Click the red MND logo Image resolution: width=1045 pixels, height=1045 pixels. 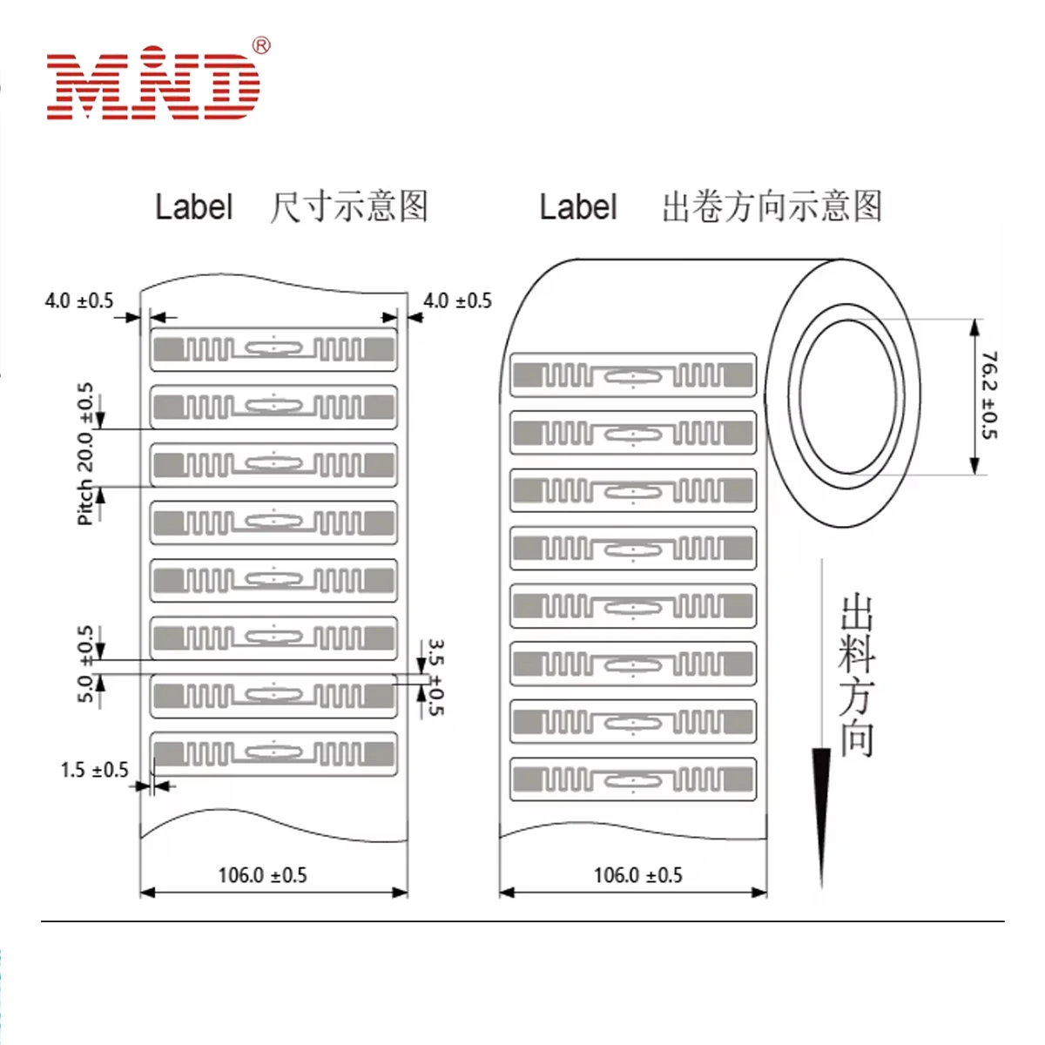[153, 85]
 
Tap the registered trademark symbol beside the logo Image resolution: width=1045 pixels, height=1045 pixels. [260, 46]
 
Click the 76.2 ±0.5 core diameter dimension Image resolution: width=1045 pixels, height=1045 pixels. [989, 395]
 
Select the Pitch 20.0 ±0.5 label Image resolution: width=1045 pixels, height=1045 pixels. [84, 454]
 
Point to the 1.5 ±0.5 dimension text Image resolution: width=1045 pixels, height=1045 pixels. [94, 770]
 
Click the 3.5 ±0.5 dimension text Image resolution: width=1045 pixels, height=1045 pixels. [436, 678]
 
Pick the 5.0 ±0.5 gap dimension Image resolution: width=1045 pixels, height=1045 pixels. [84, 664]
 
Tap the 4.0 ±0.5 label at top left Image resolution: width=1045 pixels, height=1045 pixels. [79, 301]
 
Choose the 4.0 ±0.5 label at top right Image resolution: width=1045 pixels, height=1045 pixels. [457, 301]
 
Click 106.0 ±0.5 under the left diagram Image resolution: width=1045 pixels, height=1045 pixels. [262, 875]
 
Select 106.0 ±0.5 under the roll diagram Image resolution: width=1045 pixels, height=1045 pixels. [637, 875]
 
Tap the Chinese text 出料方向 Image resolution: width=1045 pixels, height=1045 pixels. [856, 675]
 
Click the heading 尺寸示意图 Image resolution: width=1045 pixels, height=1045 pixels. [348, 207]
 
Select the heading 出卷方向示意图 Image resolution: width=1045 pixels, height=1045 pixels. [772, 207]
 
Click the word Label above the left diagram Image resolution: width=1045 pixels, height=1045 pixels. [193, 208]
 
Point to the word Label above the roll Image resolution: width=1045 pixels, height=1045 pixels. [577, 208]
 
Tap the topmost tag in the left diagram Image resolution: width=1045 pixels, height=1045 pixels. [273, 349]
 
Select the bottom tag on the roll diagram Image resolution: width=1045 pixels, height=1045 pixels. [633, 779]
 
